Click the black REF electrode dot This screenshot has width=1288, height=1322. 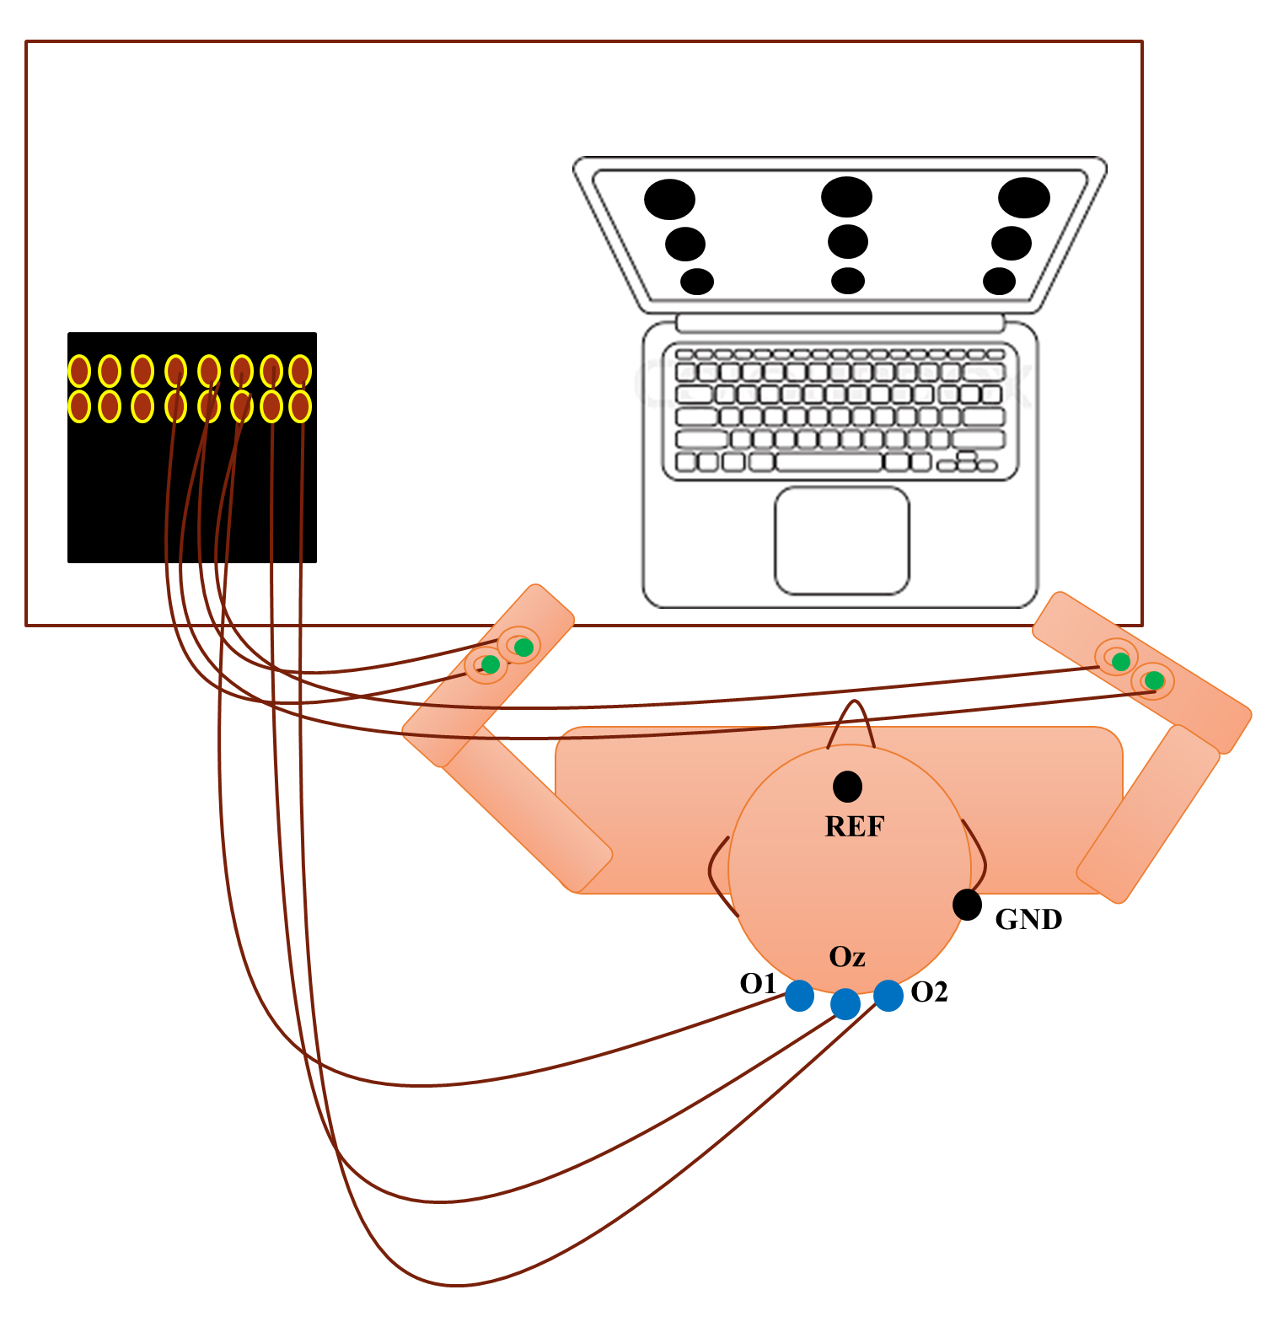point(847,787)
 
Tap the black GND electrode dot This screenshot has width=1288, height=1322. point(967,905)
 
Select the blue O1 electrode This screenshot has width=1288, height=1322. point(799,996)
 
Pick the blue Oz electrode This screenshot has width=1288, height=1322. point(845,1004)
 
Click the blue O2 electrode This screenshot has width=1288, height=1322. point(888,996)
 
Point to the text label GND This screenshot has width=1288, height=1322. point(1028,919)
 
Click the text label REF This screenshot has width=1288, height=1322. point(854,827)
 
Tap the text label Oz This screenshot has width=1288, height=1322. point(847,957)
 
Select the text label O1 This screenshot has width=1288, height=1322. point(758,983)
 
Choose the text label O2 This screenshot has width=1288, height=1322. point(930,992)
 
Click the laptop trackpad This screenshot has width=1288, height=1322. point(842,540)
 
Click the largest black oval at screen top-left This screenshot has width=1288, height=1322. point(669,200)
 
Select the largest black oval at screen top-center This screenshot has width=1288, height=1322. point(846,197)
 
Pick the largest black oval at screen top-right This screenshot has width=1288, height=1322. point(1024,198)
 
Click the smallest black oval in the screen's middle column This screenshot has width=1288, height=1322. point(847,281)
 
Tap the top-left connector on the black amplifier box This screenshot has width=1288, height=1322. point(79,371)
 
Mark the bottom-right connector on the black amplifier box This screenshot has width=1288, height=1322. point(300,406)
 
